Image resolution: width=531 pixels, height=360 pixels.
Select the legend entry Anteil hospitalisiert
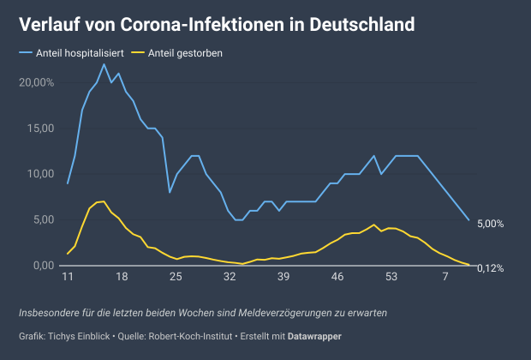83,53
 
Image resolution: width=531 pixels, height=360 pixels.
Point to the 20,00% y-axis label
36,82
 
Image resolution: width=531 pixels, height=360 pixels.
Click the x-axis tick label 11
68,278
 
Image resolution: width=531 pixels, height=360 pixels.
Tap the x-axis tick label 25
176,278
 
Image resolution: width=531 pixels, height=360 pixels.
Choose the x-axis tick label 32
230,278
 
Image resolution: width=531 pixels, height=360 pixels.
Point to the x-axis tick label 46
337,278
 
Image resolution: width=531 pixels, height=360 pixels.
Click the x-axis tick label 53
391,278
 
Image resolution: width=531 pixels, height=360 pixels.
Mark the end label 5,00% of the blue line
490,224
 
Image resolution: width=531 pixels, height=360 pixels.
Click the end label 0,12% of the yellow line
490,268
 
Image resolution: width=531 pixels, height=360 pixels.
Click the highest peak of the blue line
104,64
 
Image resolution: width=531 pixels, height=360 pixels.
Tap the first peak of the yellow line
104,201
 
